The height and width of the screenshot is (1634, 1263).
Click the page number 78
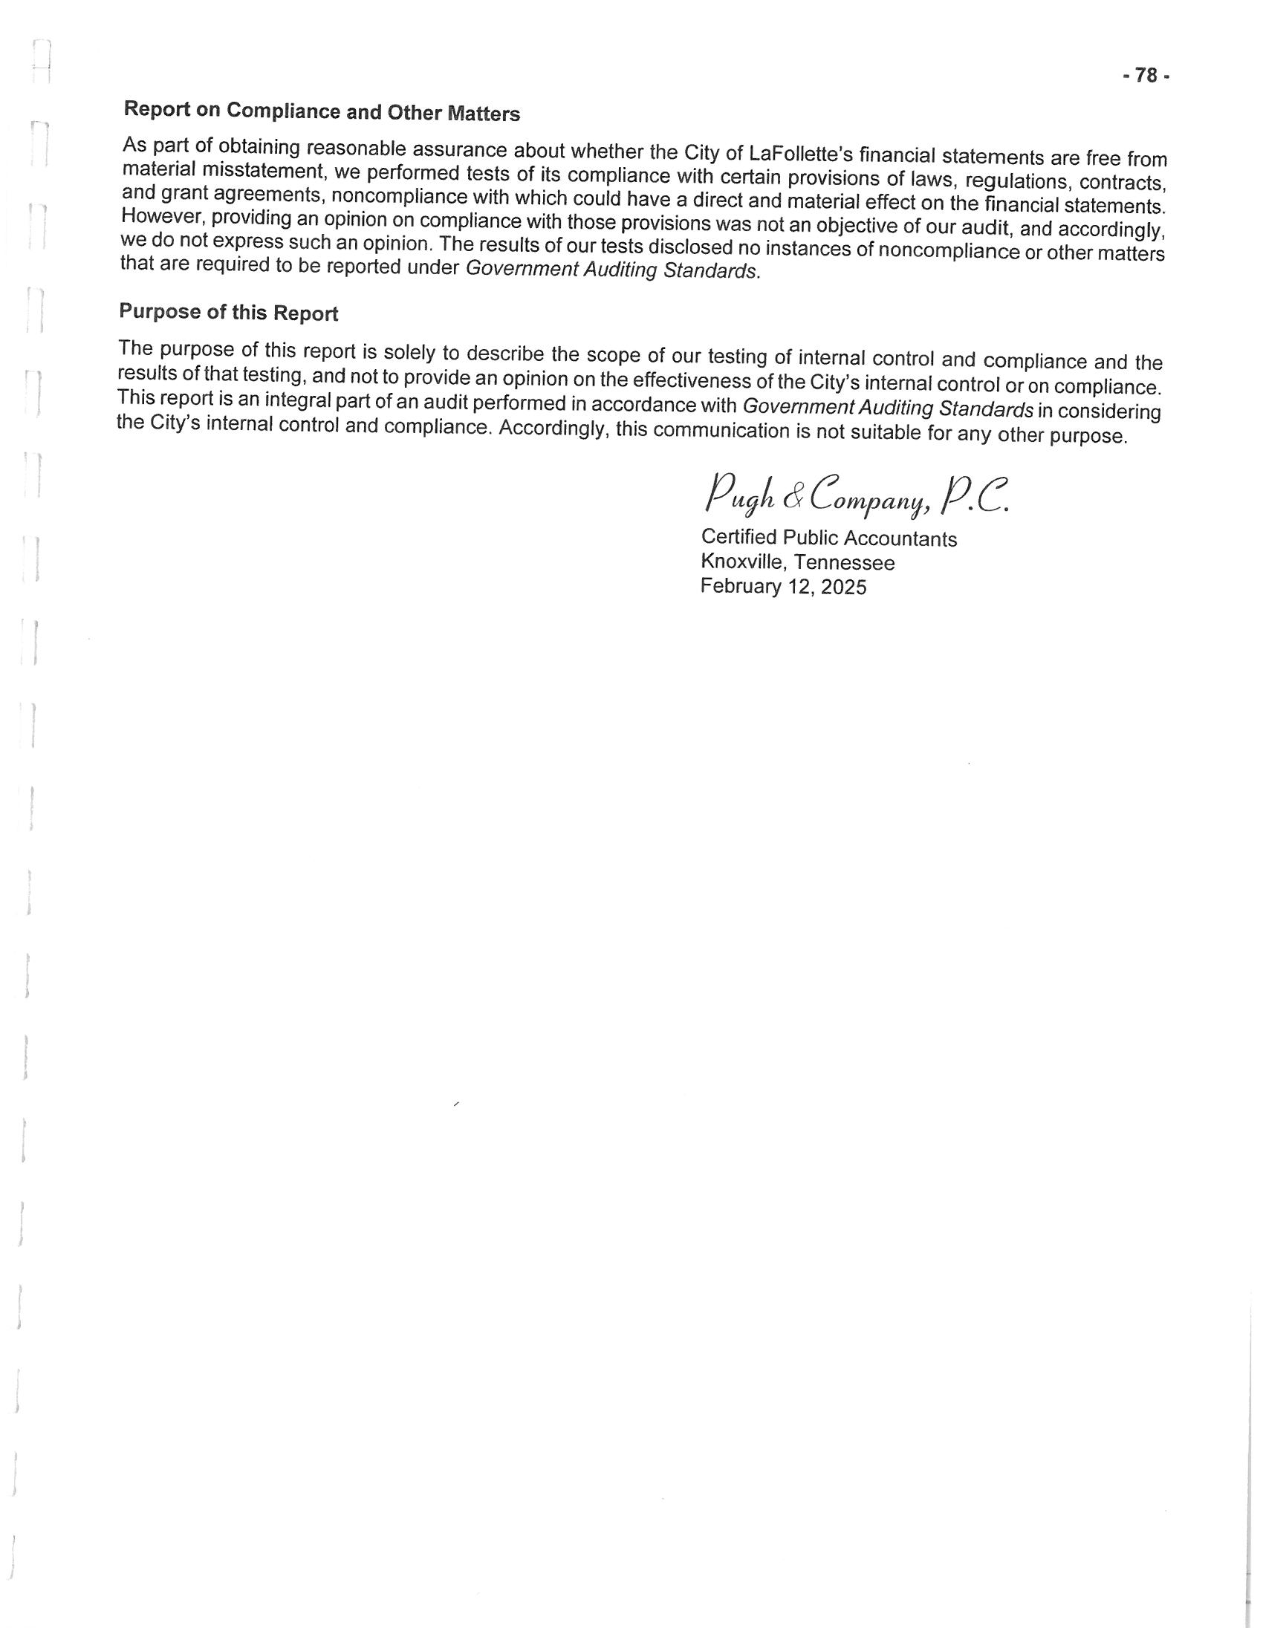1146,76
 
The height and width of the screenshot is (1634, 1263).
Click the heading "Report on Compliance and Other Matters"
321,111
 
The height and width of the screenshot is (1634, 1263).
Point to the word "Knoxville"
744,561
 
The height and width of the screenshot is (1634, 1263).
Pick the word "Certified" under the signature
738,537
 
